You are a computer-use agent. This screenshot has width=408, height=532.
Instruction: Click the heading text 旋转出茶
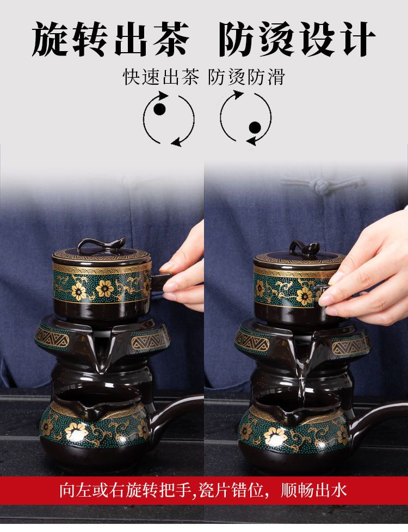coord(111,39)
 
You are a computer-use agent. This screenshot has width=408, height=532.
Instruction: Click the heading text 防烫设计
coord(297,39)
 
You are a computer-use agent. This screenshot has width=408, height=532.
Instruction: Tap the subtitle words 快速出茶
coord(160,77)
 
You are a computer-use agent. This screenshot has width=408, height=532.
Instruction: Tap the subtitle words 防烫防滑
coord(246,77)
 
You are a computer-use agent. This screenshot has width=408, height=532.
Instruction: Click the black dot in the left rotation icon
coord(160,109)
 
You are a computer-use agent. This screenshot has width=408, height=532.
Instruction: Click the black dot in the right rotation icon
coord(255,128)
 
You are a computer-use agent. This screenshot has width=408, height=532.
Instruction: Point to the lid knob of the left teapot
coord(97,245)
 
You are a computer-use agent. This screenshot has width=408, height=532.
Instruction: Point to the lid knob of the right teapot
coord(305,247)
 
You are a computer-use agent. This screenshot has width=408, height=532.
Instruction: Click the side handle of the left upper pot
coord(160,283)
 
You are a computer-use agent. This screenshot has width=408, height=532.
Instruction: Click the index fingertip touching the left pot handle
coord(168,287)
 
